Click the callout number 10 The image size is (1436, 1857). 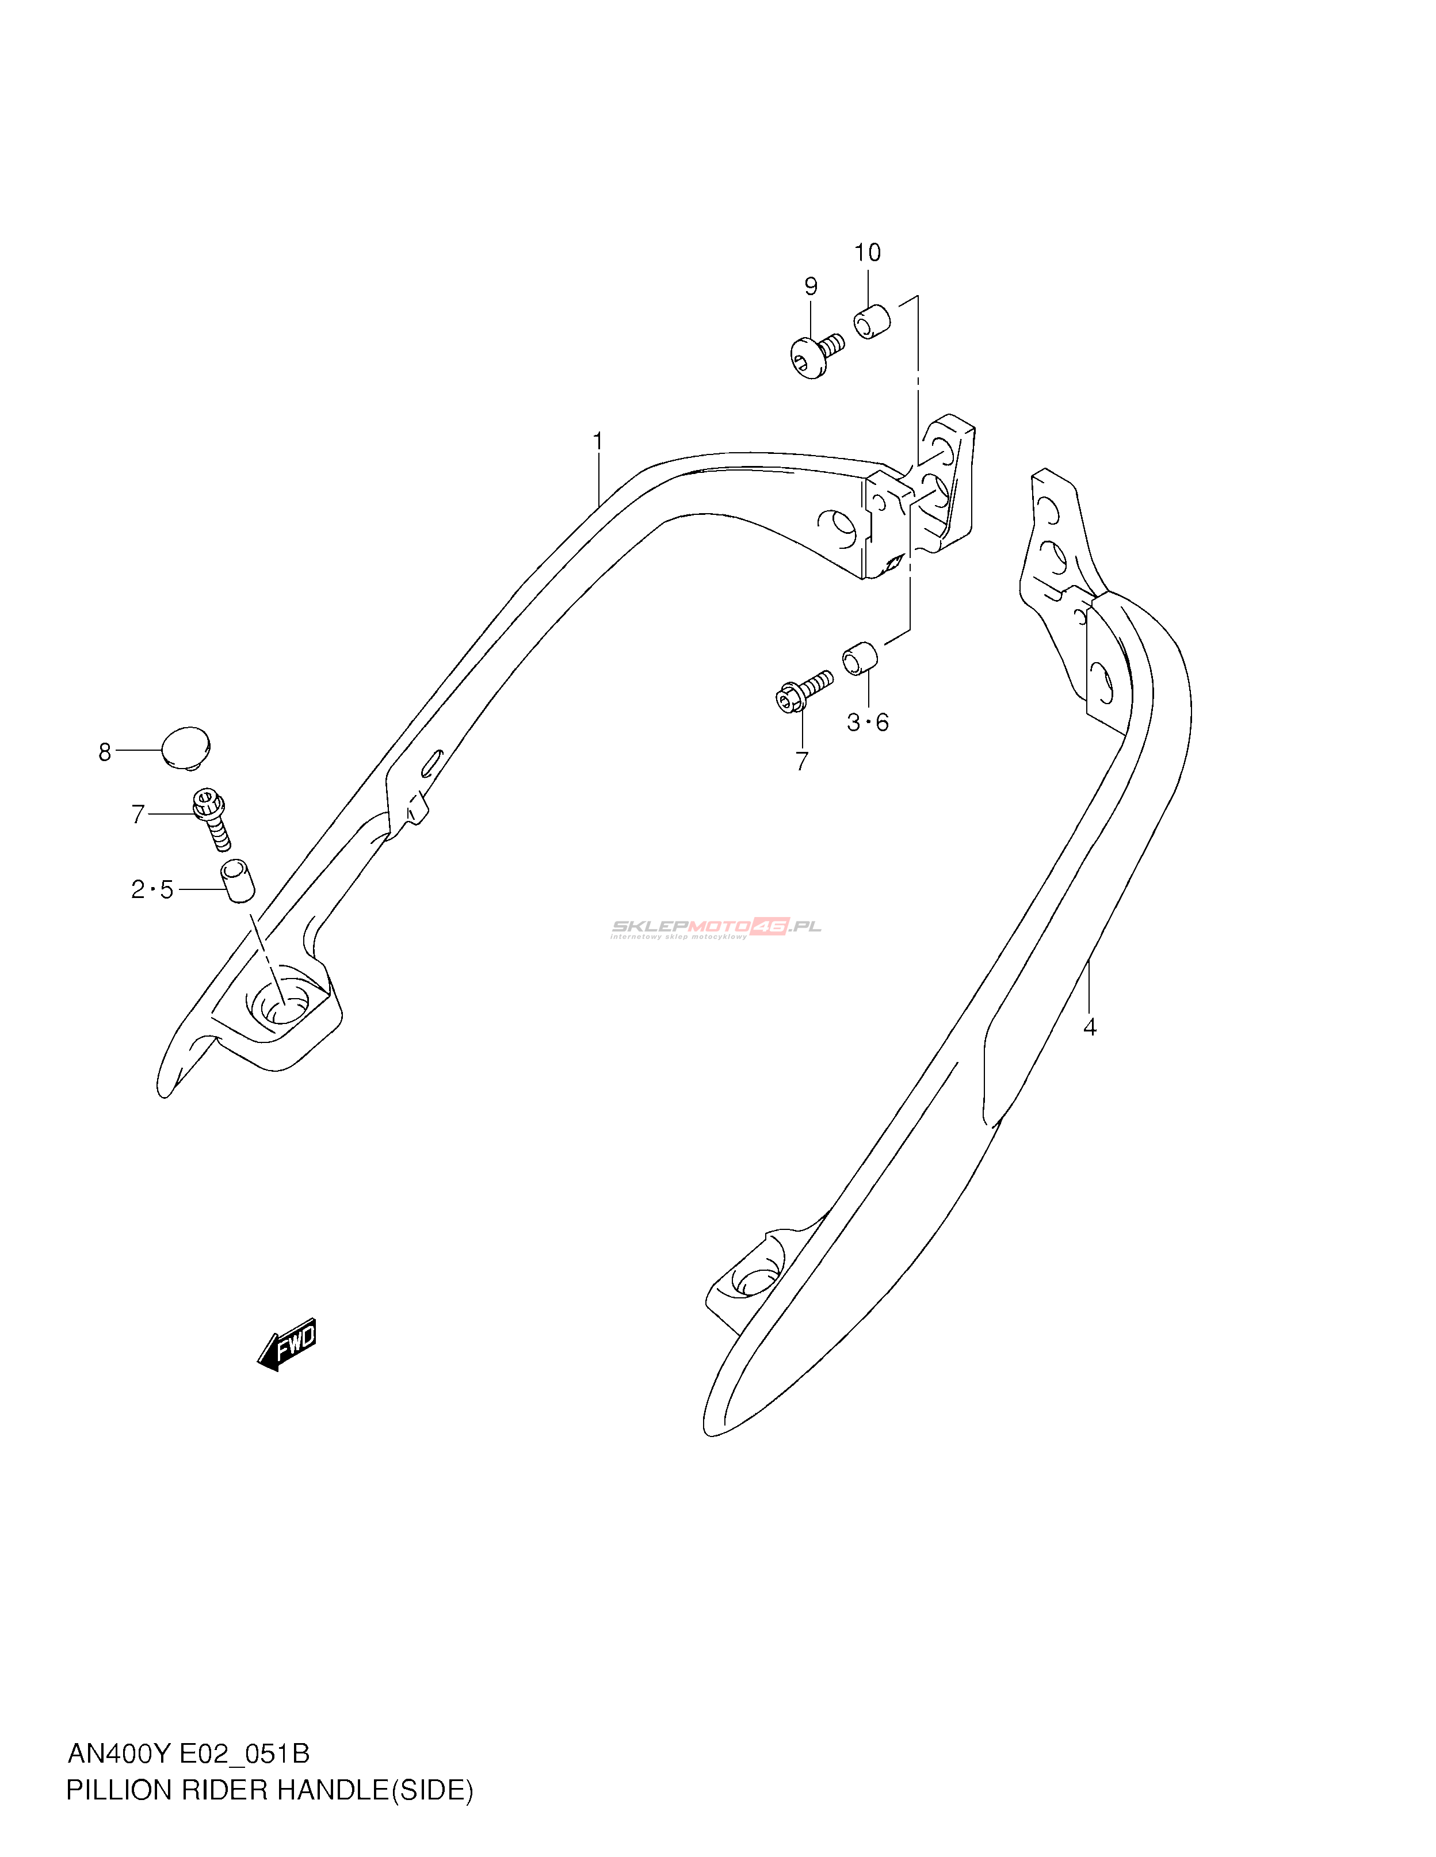click(x=867, y=253)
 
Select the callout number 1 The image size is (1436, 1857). click(x=598, y=441)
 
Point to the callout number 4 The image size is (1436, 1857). click(x=1089, y=1027)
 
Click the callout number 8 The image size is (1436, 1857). click(x=105, y=752)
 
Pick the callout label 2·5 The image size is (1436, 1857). click(x=152, y=889)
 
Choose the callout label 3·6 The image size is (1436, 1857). click(x=867, y=722)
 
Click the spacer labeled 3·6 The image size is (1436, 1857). click(x=859, y=658)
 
